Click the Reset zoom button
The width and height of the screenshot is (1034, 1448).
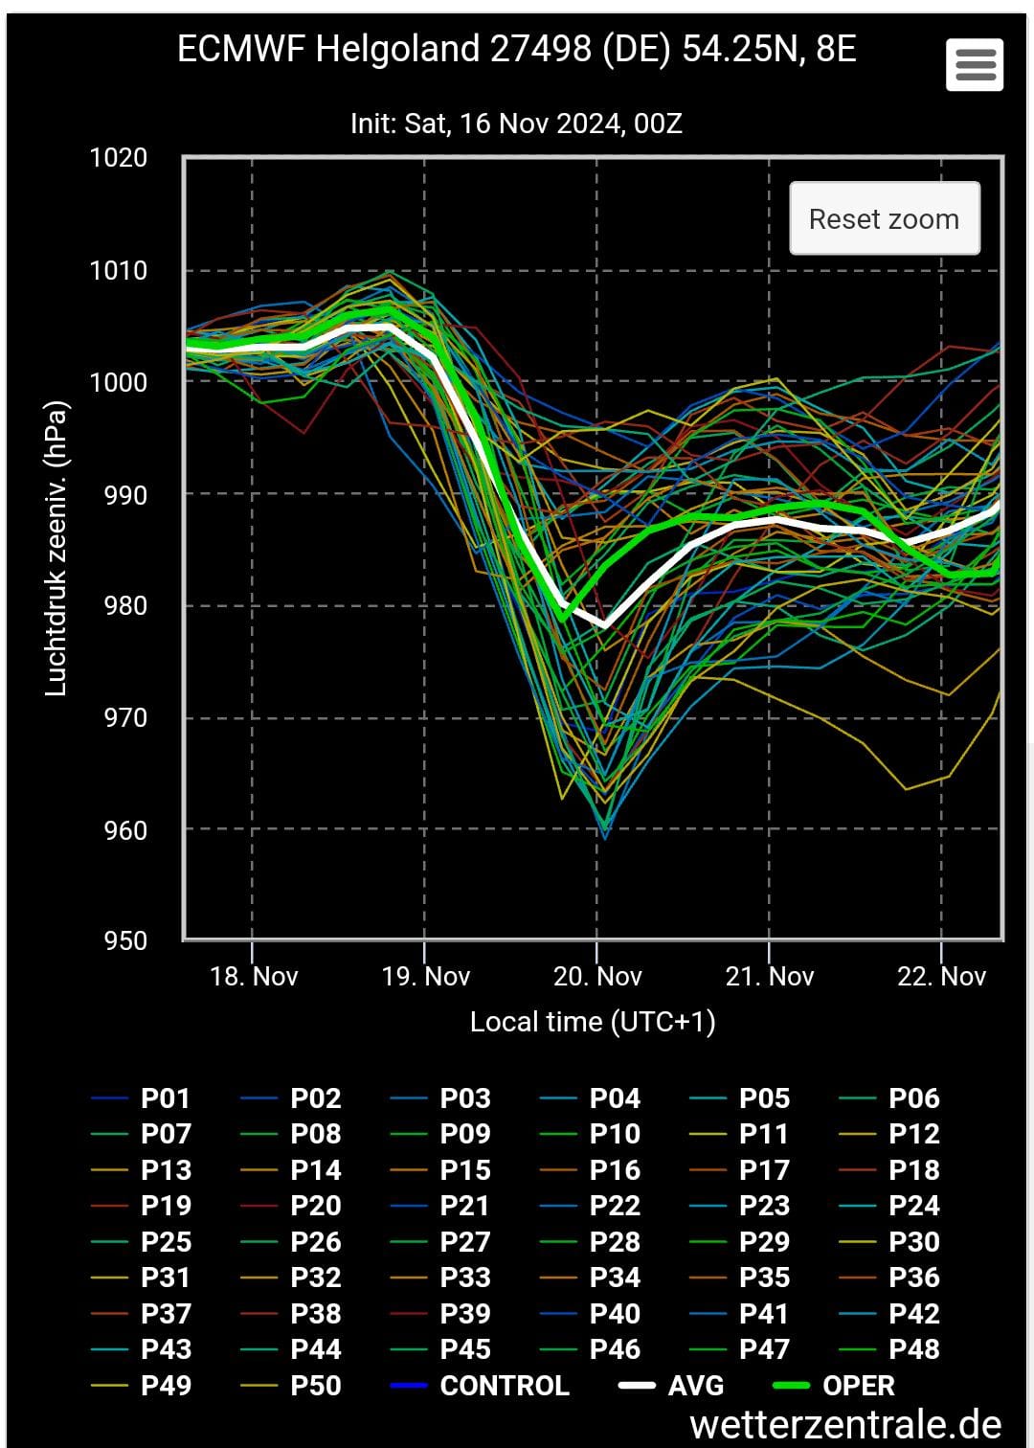(x=884, y=219)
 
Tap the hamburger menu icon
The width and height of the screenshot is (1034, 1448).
(x=975, y=65)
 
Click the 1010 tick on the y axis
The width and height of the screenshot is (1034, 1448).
(x=119, y=271)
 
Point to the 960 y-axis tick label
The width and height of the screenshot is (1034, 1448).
(x=125, y=830)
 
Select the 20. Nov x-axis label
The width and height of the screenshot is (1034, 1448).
(x=597, y=977)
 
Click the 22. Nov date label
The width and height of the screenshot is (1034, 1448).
(x=941, y=977)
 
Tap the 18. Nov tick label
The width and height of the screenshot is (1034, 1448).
(x=254, y=977)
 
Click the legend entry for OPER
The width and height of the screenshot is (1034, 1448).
(x=858, y=1386)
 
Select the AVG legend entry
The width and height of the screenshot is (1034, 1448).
(x=696, y=1386)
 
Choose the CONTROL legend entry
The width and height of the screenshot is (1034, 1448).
(x=504, y=1386)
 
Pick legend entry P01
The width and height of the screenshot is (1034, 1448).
(x=166, y=1098)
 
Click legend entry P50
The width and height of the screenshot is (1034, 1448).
(x=315, y=1386)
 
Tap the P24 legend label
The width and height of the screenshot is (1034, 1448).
(x=913, y=1206)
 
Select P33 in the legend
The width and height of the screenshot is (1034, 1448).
(x=465, y=1278)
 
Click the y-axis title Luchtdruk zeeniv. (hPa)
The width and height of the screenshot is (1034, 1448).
(x=56, y=548)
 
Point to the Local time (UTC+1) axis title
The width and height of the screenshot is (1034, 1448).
(x=593, y=1022)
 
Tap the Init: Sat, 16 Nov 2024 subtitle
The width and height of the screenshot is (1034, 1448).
(x=516, y=124)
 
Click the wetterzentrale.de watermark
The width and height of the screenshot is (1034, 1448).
(x=845, y=1425)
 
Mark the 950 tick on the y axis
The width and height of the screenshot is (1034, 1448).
(x=125, y=940)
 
